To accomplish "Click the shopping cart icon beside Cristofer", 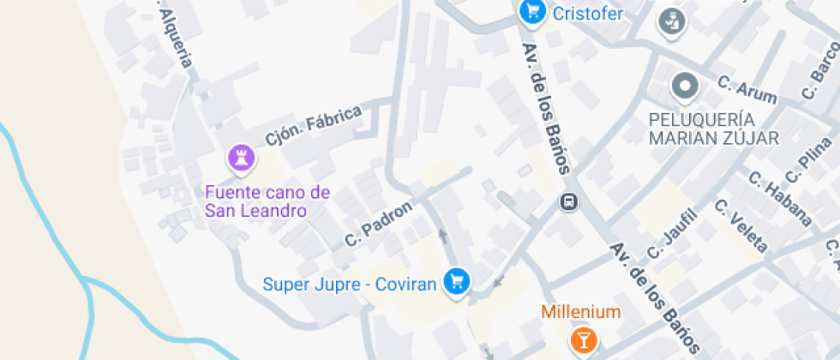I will (x=532, y=12).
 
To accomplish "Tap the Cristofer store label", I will (x=587, y=14).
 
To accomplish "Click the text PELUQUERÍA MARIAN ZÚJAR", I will (x=713, y=129).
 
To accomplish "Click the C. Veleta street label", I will (x=741, y=225).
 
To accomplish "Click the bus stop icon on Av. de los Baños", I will (x=567, y=202).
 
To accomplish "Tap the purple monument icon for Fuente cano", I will (x=241, y=157).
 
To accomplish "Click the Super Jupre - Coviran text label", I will (x=350, y=283).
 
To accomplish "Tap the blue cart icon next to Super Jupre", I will (x=455, y=282).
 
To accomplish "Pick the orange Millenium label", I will (x=580, y=311).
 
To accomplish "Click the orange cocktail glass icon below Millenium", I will (x=583, y=340).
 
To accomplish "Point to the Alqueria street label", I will (x=175, y=39).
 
